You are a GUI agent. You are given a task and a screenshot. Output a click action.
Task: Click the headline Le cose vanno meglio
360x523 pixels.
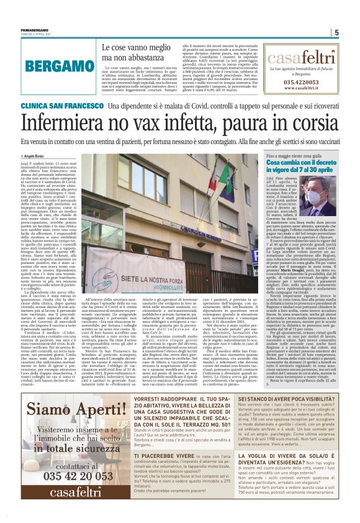(x=127, y=48)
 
